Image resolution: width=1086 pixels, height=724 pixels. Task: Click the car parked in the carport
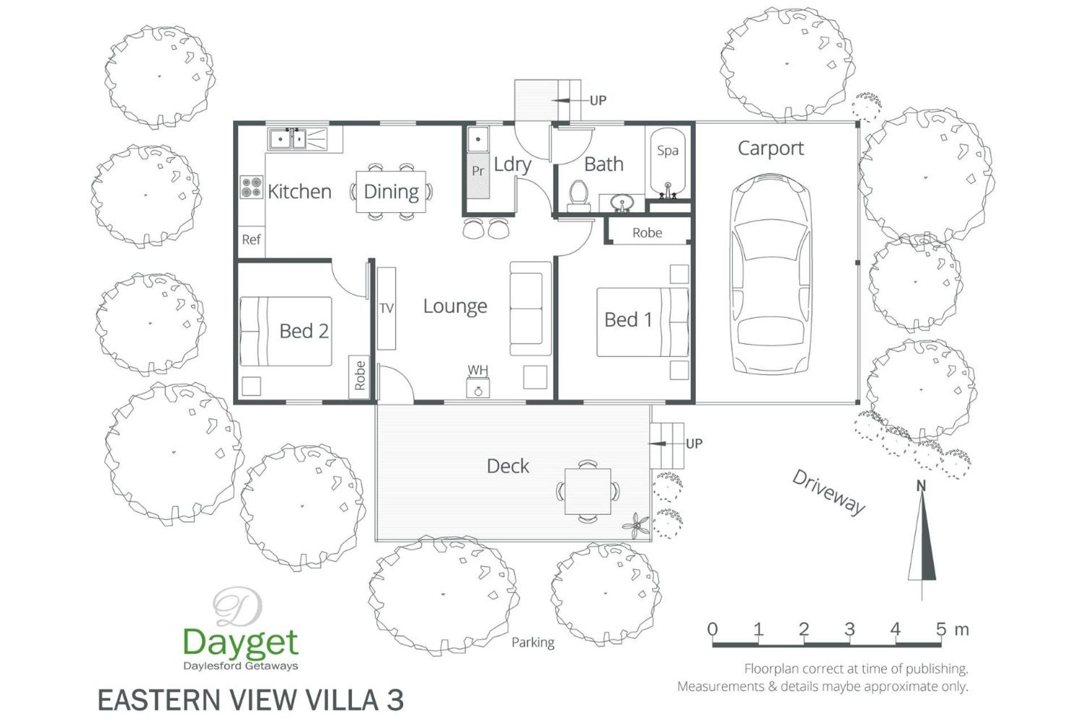click(771, 274)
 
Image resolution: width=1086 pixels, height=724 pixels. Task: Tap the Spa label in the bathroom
click(667, 150)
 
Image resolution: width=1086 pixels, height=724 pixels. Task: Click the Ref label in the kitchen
click(251, 239)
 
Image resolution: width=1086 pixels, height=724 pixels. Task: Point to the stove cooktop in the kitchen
click(251, 187)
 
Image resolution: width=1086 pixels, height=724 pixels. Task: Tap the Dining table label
click(391, 192)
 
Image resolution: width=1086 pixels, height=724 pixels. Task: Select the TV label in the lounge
click(386, 308)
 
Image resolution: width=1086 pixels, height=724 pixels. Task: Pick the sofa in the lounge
click(530, 308)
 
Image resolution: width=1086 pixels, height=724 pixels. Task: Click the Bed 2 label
click(304, 331)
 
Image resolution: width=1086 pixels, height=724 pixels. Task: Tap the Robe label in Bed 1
click(647, 232)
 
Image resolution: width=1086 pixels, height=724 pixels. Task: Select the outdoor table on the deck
click(588, 491)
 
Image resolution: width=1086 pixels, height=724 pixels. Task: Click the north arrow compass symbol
click(922, 537)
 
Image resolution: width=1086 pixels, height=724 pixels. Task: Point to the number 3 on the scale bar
click(850, 629)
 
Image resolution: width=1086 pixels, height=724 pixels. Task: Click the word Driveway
click(829, 492)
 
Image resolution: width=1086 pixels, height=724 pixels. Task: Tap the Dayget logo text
click(240, 643)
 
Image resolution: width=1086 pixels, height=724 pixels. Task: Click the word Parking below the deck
click(533, 643)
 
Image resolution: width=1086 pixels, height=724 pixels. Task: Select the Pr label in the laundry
click(478, 171)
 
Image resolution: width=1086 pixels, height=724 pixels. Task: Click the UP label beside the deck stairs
click(694, 443)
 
